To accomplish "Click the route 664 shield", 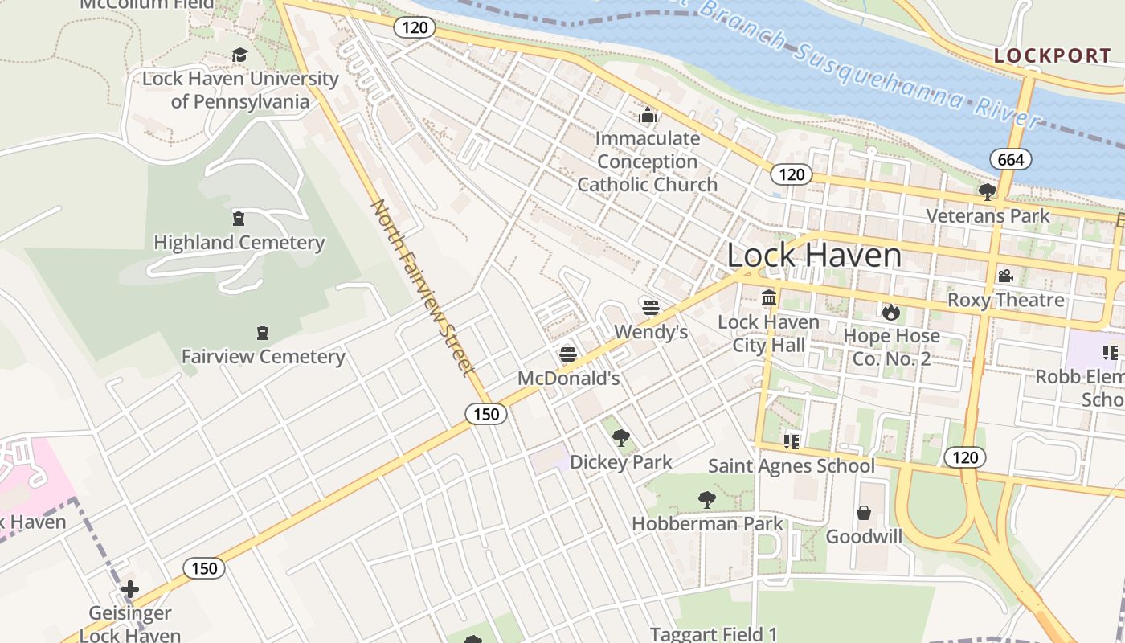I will (x=1010, y=159).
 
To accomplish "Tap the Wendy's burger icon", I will (x=651, y=307).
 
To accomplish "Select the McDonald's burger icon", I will (x=568, y=354).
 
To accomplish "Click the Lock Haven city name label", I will (x=814, y=256).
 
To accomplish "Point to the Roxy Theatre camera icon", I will (x=1005, y=276).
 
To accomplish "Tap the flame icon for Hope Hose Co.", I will (x=890, y=311).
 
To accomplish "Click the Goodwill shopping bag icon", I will (x=864, y=512).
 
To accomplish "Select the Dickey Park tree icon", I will (x=620, y=438).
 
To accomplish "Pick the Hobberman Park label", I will (x=707, y=524).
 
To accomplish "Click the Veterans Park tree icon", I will (x=987, y=192).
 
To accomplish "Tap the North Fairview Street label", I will (x=419, y=287).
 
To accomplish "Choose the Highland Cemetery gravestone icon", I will (x=239, y=219).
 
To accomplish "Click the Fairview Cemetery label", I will (x=263, y=356).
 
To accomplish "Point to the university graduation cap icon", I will (x=239, y=55).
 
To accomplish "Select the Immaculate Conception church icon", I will (x=648, y=115).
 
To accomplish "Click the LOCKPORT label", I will (x=1053, y=55).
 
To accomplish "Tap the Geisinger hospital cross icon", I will (x=129, y=590).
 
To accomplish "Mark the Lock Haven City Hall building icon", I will (x=769, y=298).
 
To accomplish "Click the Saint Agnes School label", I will (x=792, y=466).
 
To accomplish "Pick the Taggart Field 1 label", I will (x=714, y=634).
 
